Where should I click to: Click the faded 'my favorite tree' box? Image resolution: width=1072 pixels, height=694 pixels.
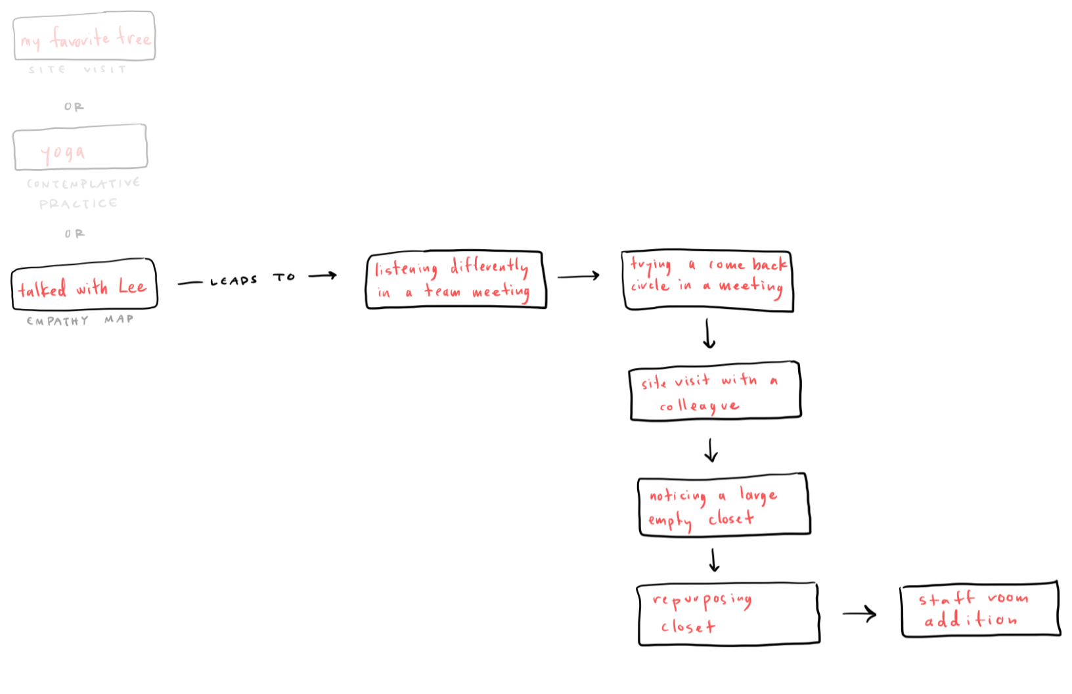84,36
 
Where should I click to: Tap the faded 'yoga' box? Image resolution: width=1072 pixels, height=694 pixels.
80,147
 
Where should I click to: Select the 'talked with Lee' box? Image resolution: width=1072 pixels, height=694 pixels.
84,285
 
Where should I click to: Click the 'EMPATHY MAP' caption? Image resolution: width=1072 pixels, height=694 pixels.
79,321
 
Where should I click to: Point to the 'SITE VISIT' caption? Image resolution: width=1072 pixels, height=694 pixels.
77,69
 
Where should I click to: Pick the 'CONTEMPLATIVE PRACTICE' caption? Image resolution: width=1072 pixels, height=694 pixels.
82,193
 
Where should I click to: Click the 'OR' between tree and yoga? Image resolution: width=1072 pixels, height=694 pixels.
74,106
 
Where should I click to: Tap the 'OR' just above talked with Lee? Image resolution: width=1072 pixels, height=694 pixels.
74,233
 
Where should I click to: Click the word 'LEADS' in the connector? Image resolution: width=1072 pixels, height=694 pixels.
233,281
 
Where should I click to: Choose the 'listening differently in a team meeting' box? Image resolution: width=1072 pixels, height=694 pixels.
456,279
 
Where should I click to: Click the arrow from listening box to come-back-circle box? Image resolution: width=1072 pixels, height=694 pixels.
578,276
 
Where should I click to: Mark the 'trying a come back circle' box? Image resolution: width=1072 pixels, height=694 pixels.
707,281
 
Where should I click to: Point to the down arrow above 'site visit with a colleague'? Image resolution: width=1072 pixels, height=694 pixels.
708,334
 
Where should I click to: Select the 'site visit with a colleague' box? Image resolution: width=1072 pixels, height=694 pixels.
715,390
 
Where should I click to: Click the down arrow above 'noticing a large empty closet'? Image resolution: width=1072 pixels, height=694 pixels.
711,450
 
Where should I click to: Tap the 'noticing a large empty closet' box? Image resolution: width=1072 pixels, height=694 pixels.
723,505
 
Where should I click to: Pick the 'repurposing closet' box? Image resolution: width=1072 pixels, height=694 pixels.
728,614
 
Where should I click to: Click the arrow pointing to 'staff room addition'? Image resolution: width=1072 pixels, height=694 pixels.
859,614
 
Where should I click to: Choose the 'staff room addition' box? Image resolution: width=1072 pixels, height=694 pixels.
979,609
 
